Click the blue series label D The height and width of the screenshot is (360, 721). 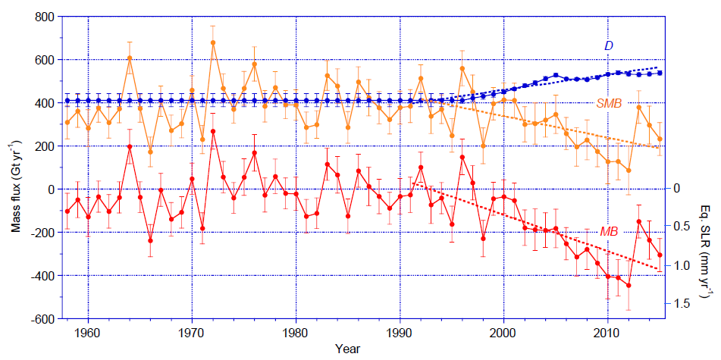608,46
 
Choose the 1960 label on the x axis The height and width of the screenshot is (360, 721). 88,333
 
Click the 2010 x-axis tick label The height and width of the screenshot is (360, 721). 607,333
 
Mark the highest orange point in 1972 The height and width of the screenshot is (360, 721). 213,42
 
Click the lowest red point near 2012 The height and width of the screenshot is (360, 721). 629,286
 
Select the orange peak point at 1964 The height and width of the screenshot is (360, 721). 130,58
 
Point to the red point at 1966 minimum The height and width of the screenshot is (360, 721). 151,241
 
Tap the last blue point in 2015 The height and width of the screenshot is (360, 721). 660,73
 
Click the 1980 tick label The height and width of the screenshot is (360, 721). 296,333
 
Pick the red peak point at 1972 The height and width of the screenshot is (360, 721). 213,131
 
